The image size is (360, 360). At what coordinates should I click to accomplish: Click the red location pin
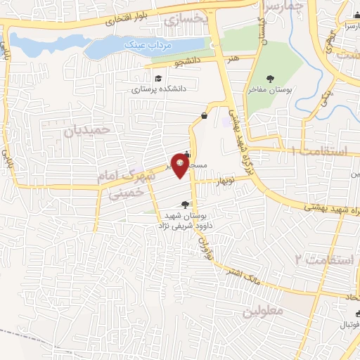(181, 166)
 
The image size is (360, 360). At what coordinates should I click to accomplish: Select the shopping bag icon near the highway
(204, 115)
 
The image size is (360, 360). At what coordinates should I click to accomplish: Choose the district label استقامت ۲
(319, 259)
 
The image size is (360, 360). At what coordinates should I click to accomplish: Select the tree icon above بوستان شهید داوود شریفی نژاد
(185, 205)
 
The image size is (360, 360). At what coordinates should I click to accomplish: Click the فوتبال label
(349, 325)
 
